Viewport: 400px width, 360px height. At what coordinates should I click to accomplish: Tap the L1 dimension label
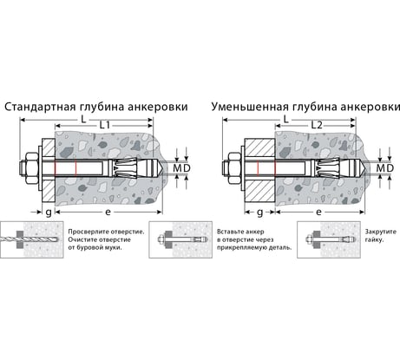105,125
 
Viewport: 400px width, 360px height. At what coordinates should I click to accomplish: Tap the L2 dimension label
317,125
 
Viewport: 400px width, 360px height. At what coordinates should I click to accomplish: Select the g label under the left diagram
49,213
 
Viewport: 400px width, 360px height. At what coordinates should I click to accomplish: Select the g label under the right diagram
259,213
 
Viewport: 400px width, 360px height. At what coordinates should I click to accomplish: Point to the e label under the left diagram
108,213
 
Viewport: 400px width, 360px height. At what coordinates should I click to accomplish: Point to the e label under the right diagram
318,213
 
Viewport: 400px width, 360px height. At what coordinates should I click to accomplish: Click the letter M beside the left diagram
177,168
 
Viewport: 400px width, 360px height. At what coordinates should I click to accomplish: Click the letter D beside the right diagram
390,168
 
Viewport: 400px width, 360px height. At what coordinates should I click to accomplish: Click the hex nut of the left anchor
32,168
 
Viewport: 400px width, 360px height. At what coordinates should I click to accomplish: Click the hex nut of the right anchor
235,168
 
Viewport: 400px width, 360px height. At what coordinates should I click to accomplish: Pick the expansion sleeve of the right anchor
331,168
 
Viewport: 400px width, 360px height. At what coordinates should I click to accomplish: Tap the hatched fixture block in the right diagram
259,171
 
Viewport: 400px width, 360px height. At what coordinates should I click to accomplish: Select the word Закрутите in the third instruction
381,232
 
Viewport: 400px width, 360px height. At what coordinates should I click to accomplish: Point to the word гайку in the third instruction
373,239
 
